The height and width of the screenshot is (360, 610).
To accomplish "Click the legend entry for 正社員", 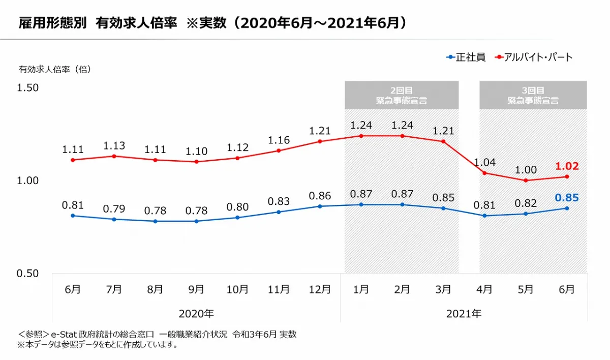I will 466,57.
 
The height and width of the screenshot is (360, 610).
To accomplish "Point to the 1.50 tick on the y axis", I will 28,88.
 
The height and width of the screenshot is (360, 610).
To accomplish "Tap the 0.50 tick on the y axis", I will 28,273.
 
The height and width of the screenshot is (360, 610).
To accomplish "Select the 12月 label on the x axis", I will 320,289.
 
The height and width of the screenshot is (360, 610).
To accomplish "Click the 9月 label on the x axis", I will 196,289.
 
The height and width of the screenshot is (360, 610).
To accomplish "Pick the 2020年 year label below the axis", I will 196,313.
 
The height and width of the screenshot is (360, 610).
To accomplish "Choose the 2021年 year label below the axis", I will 464,313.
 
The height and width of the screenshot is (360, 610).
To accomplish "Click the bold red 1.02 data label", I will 567,166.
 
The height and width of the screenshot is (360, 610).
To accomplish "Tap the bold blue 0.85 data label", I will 567,198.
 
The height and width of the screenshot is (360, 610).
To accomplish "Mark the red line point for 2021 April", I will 484,173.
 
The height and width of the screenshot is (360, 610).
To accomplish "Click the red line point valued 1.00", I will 526,181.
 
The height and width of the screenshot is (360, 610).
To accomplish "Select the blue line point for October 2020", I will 237,218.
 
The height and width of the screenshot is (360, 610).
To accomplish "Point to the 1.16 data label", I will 279,139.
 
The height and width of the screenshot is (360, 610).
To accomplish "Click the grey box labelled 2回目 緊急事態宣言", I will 402,95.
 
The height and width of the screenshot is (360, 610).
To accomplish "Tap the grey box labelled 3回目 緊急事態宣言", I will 533,95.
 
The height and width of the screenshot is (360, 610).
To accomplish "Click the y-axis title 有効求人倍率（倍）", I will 55,70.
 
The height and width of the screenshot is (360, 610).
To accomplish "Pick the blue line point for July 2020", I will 114,219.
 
